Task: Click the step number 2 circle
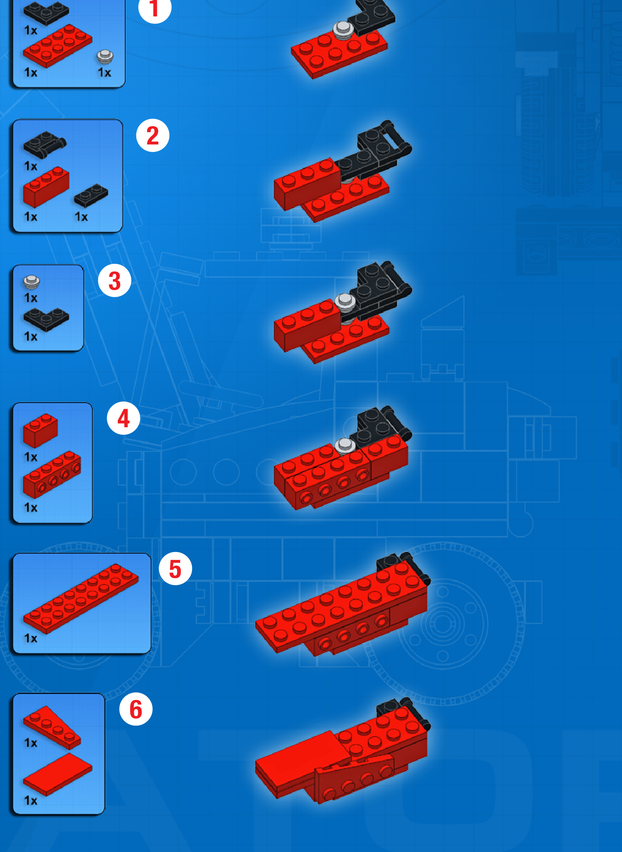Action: (153, 135)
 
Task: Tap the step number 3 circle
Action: (115, 281)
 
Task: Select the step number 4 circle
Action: (124, 419)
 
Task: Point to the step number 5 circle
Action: (175, 569)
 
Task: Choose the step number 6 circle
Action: (136, 709)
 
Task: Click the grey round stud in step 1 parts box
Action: (105, 57)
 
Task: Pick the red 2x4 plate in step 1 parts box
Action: (57, 46)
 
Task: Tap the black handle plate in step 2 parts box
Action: (44, 144)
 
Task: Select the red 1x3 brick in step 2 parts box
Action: (46, 187)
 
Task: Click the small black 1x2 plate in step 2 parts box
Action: (91, 195)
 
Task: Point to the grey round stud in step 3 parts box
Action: (32, 282)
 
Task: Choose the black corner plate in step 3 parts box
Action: (46, 320)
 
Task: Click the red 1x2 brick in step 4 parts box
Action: (40, 430)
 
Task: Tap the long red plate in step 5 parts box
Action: (81, 598)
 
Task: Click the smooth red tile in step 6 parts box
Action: (57, 774)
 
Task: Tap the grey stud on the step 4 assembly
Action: (345, 445)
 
